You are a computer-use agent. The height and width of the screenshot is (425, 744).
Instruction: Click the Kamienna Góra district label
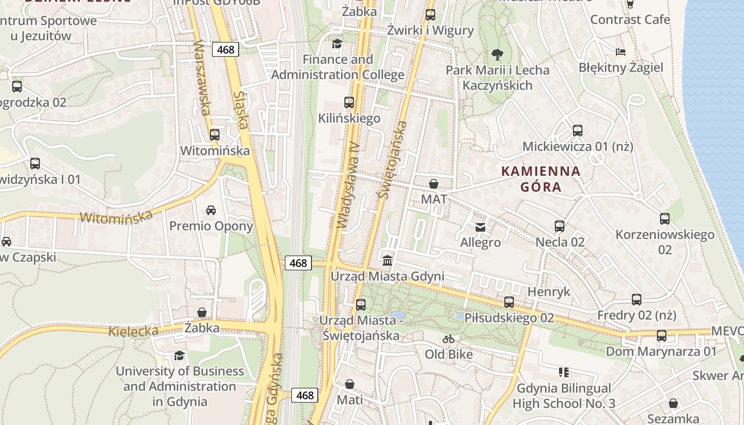coord(541,179)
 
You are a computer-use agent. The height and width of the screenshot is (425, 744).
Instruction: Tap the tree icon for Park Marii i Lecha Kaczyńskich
coord(497,54)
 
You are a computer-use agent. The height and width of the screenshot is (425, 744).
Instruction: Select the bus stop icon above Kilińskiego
coord(349,103)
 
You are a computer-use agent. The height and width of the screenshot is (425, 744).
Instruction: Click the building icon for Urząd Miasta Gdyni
coord(387,261)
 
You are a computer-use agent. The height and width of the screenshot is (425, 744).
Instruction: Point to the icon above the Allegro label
coord(480,227)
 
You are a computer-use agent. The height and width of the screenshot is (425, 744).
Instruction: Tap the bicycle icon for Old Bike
coord(449,338)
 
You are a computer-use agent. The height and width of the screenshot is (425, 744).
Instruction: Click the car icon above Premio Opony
coord(211,210)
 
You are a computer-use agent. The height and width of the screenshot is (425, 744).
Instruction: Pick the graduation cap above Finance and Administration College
coord(337,44)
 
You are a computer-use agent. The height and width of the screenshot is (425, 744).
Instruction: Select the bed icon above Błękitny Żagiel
coord(620,52)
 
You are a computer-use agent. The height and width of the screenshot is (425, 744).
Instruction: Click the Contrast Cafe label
coord(630,20)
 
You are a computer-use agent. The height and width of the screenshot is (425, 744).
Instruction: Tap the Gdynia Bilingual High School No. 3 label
coord(564,396)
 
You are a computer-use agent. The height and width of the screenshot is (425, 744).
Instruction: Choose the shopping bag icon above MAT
coord(434,184)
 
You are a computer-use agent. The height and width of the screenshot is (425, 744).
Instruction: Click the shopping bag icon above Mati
coord(350,384)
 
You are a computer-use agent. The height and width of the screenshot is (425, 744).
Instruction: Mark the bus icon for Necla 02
coord(560,226)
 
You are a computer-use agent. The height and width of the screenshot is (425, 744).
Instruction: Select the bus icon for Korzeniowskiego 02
coord(664,219)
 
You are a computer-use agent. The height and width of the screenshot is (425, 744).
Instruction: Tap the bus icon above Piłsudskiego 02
coord(509,302)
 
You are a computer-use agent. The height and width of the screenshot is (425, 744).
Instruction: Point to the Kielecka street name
coord(133,331)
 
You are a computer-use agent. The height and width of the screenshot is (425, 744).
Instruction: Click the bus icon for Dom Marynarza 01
coord(661,336)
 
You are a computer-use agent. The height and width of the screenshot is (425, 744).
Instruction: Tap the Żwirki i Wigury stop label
coord(430,30)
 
